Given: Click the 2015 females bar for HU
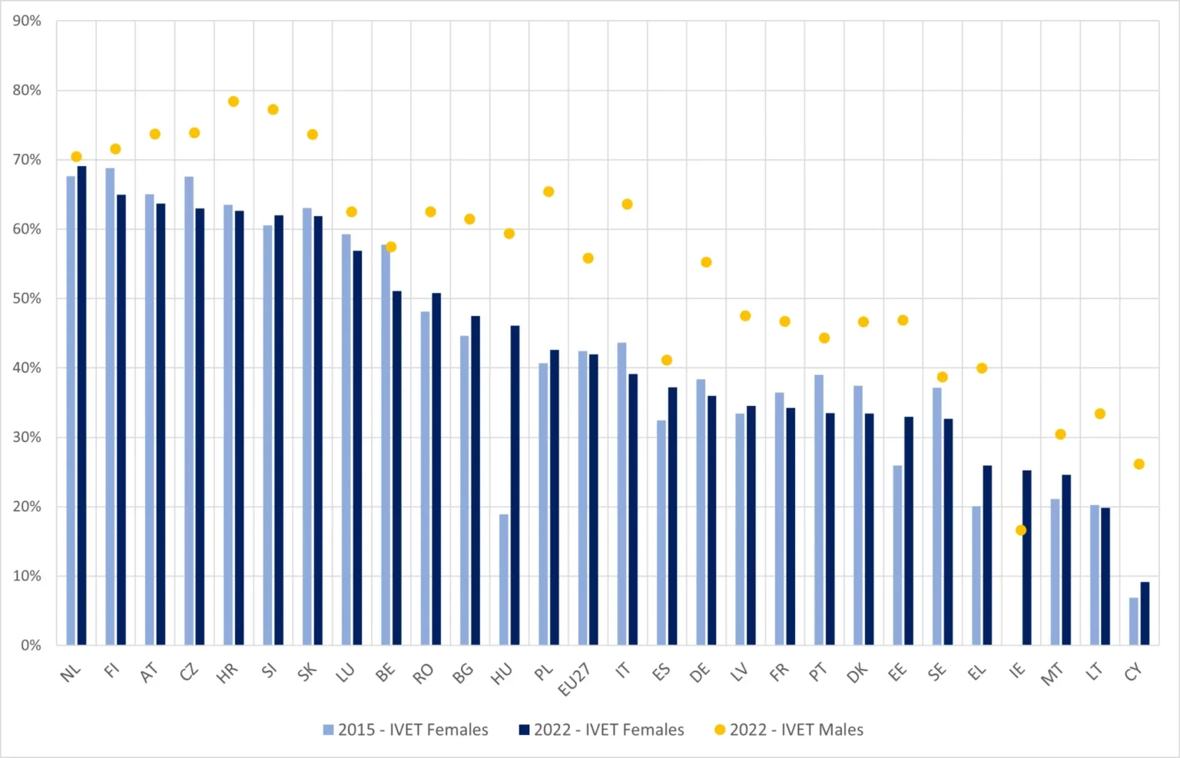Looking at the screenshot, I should tap(503, 580).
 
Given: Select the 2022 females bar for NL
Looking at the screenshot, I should tap(82, 405).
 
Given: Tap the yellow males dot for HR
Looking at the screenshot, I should tap(234, 101).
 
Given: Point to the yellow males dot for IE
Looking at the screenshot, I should tap(1021, 530).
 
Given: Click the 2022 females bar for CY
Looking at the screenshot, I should tap(1145, 613).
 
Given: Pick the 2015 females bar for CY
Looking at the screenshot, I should tap(1133, 621).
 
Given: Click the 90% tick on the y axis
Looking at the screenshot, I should tap(27, 22).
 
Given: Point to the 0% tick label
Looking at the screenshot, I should tap(31, 645).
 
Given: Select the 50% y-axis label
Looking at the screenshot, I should tap(27, 298).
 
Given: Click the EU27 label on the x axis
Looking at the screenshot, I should tap(575, 679).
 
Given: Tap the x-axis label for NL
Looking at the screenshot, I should tap(71, 673).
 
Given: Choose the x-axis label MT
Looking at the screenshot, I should tap(1052, 673).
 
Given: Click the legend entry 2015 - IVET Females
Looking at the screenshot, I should tap(406, 730).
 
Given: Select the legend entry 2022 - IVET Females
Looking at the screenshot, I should tap(602, 730).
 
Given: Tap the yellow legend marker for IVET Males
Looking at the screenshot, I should tap(720, 730).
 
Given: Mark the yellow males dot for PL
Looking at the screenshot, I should tap(549, 192).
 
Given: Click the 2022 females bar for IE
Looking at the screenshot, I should tap(1027, 557).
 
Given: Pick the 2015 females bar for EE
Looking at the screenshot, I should tap(897, 555).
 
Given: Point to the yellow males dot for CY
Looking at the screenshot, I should tap(1139, 464).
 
